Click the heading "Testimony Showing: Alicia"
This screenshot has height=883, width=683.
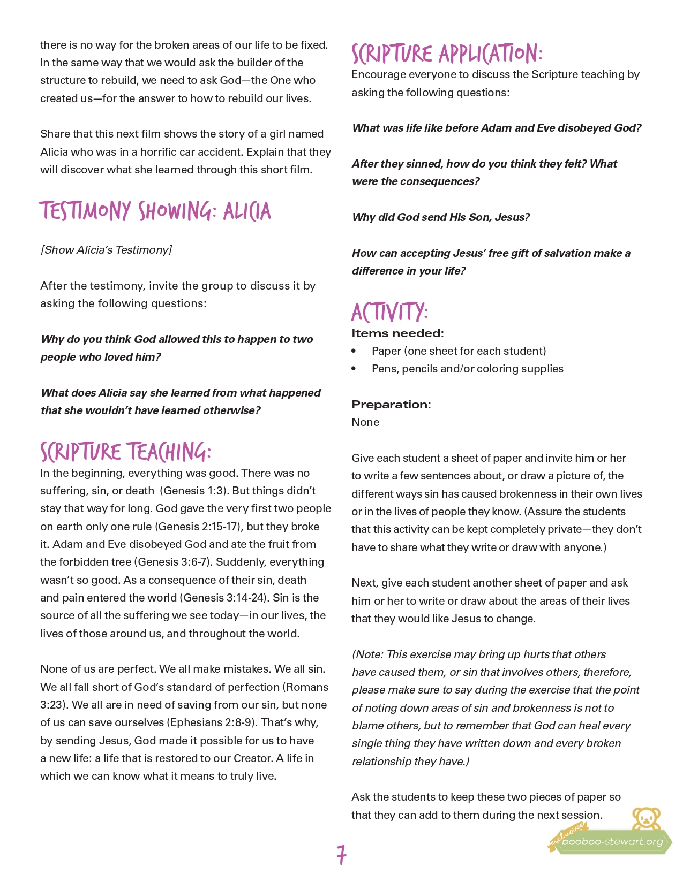coord(155,211)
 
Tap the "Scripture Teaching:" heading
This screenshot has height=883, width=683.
coord(126,452)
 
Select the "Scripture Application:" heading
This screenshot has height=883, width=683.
coord(447,54)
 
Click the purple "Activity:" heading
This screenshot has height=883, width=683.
coord(389,312)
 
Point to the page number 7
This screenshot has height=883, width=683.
coord(341,855)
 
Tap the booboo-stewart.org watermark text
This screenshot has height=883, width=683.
coord(612,842)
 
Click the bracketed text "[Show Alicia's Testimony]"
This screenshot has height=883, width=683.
coord(106,250)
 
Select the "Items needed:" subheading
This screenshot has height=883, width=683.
coord(397,333)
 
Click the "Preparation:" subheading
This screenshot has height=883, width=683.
coord(391,405)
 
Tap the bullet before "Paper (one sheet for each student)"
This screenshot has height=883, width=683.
coord(354,351)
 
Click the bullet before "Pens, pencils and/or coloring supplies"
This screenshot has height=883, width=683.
coord(354,369)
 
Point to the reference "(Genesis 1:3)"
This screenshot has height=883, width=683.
coord(193,491)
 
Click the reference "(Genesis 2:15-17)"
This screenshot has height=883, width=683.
coord(198,527)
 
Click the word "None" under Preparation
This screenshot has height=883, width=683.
coord(365,422)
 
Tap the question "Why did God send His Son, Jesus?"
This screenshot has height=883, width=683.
coord(441,217)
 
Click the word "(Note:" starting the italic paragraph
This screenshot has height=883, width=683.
coord(367,654)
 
